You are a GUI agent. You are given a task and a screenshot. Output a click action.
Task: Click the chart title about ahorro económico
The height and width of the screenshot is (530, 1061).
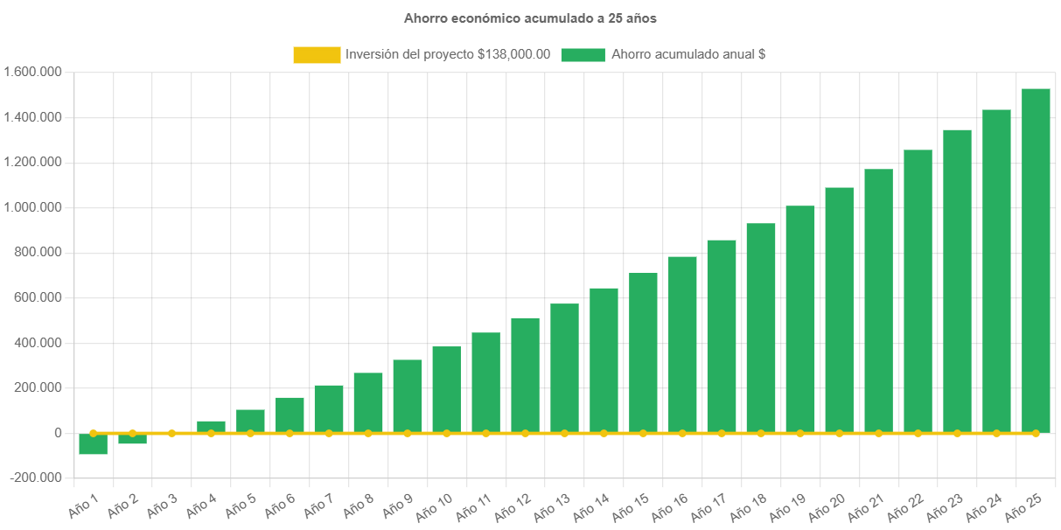(530, 17)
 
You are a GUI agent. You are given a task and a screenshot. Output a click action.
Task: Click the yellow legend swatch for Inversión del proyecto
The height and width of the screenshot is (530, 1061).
(317, 54)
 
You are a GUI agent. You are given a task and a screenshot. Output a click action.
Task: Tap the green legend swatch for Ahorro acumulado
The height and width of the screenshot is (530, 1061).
(583, 54)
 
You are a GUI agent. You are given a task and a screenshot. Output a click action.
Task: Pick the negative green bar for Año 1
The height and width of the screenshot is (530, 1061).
(93, 444)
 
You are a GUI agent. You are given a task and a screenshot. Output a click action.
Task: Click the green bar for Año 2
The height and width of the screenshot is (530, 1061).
(132, 439)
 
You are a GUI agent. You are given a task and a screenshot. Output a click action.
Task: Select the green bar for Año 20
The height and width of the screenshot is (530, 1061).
(840, 310)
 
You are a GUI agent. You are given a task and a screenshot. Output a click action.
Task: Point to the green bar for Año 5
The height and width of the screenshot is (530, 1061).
(250, 421)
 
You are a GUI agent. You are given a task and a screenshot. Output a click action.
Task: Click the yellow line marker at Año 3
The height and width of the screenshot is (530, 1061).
(171, 433)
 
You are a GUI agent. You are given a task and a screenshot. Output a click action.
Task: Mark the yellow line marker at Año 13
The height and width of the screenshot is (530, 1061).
(564, 433)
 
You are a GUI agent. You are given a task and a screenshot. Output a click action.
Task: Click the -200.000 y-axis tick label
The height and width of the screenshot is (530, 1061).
(36, 478)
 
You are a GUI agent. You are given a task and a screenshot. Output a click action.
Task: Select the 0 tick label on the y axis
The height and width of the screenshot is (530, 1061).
(59, 433)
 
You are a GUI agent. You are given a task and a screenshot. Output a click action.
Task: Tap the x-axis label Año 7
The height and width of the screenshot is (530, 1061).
(320, 506)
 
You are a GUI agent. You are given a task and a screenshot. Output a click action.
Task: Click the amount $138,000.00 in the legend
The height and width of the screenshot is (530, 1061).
(514, 54)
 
